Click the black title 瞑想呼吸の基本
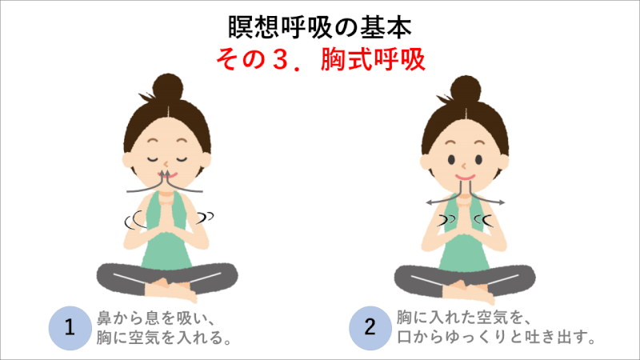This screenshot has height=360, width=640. [x=319, y=28]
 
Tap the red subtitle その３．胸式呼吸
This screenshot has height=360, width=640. [x=321, y=59]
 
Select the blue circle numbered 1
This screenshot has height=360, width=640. [x=70, y=328]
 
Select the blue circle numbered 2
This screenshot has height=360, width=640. [x=370, y=328]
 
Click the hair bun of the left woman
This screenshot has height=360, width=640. [x=168, y=89]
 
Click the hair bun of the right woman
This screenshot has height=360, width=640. [x=466, y=90]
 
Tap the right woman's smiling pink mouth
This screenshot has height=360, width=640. [x=466, y=178]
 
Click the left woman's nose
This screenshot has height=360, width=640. [x=166, y=164]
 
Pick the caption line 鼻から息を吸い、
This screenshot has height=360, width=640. [x=156, y=318]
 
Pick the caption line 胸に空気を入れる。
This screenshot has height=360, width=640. [x=164, y=338]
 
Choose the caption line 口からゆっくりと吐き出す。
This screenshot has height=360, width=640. [x=496, y=337]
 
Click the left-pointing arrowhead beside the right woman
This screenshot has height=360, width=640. [x=429, y=202]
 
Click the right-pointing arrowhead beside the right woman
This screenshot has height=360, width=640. [x=502, y=202]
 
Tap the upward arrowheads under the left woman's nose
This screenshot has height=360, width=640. [x=165, y=174]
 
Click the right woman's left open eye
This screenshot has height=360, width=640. [x=451, y=159]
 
